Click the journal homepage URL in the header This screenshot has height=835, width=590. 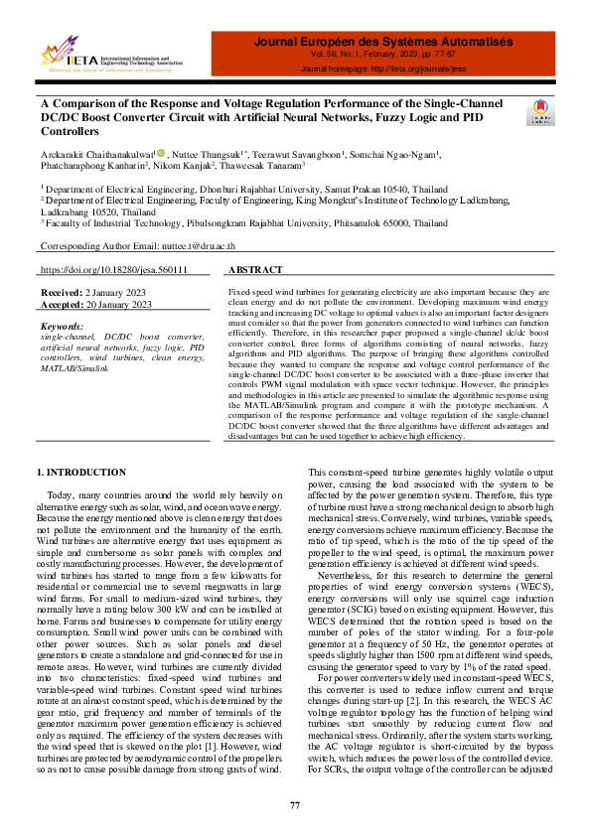(x=382, y=70)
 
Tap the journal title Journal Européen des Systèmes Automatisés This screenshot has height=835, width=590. (x=382, y=43)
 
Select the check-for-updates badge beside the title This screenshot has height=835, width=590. (x=542, y=111)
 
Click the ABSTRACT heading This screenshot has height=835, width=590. (x=255, y=270)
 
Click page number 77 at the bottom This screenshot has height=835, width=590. (x=295, y=804)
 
